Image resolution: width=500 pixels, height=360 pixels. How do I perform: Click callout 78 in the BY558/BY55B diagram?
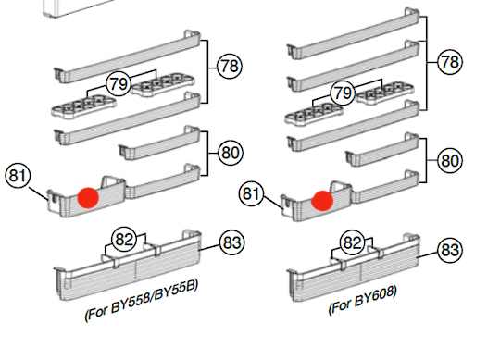230,67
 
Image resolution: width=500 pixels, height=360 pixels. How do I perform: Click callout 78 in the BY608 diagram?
450,62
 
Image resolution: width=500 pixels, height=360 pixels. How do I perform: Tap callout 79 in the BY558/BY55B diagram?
119,84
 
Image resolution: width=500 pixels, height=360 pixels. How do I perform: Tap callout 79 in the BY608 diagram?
343,93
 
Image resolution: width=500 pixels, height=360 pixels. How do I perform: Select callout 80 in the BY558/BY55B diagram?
231,153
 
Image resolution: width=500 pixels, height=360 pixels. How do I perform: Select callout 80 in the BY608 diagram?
450,161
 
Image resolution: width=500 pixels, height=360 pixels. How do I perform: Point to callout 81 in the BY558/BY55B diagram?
18,176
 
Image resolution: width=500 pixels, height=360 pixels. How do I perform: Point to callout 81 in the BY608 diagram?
251,193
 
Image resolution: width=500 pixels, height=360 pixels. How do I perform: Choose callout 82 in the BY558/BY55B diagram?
124,239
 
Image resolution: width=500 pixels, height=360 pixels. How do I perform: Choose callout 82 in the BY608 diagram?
353,242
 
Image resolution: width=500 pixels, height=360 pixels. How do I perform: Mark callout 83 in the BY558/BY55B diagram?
231,242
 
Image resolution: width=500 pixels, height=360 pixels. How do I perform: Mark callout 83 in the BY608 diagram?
450,250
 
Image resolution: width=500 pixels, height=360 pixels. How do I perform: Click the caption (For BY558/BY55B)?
142,300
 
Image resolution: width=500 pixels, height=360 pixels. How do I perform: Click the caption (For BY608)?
363,300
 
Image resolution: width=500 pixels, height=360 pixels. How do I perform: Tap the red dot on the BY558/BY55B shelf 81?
88,198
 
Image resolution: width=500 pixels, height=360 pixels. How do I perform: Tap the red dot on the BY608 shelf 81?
322,201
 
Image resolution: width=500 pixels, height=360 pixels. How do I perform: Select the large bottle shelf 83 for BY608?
354,267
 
